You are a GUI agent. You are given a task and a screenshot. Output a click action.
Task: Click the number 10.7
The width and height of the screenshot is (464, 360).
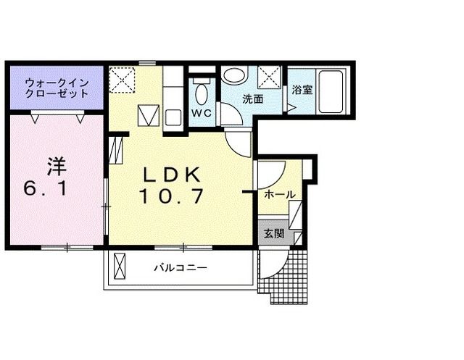point(171,196)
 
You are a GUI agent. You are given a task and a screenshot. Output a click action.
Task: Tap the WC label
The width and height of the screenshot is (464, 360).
point(201,114)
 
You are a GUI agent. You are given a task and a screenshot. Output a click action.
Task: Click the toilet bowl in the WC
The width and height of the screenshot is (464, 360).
point(202,94)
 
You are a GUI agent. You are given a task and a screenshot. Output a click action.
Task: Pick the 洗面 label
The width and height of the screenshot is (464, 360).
point(252,99)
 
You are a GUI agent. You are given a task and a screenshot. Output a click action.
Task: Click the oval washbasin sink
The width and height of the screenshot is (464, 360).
point(233,75)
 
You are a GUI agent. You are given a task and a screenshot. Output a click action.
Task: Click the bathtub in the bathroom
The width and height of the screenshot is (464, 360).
point(331,91)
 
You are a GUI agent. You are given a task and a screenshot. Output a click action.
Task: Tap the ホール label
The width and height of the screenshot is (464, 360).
point(278,196)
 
